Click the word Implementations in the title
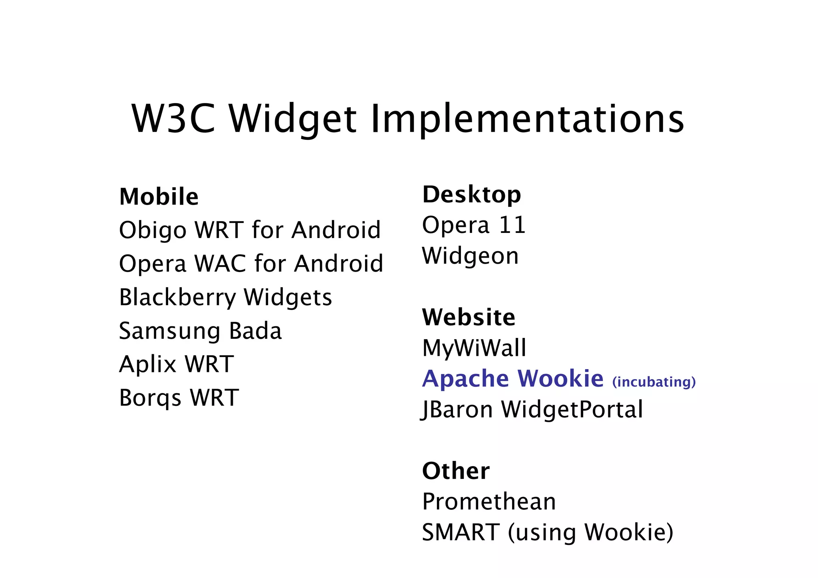pos(527,119)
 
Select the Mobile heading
pos(159,197)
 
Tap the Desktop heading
pos(472,195)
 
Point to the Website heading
pos(469,318)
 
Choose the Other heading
pos(456,471)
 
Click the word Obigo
pos(153,230)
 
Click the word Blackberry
pos(178,298)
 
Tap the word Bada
pos(256,331)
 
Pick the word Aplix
pos(148,364)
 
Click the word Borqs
pos(150,398)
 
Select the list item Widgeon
pos(470,256)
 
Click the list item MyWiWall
pos(474,348)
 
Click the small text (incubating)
pos(654,382)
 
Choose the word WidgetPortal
pos(572,409)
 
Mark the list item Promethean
pos(489,502)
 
